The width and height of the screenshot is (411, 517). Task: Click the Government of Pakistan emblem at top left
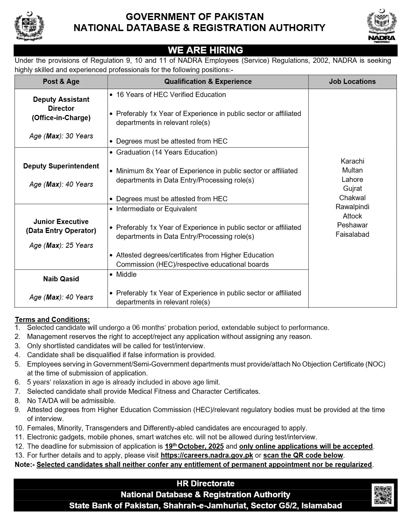(29, 26)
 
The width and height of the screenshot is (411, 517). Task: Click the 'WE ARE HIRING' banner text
(205, 50)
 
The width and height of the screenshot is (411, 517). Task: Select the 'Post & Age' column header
(61, 82)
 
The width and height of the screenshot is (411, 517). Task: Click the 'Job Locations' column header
(352, 82)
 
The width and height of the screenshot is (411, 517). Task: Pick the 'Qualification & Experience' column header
(208, 82)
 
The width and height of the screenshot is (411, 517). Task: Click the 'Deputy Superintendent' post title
(61, 166)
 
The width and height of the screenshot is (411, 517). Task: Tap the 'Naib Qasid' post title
(61, 279)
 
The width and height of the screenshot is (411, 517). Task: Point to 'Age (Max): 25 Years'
(61, 245)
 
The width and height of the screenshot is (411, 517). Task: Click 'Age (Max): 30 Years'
(61, 136)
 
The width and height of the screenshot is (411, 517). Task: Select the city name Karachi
(352, 161)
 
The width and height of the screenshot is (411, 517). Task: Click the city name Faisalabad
(352, 234)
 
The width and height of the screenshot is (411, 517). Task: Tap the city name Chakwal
(352, 198)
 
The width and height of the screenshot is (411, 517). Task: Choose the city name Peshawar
(352, 225)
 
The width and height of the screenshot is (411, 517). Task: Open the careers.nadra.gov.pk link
(207, 455)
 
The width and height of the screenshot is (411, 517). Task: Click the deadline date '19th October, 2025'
(194, 446)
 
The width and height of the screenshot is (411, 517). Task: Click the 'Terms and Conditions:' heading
(52, 320)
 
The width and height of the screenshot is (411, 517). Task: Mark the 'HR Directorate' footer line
(205, 484)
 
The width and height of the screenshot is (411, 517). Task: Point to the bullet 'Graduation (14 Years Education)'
(166, 152)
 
